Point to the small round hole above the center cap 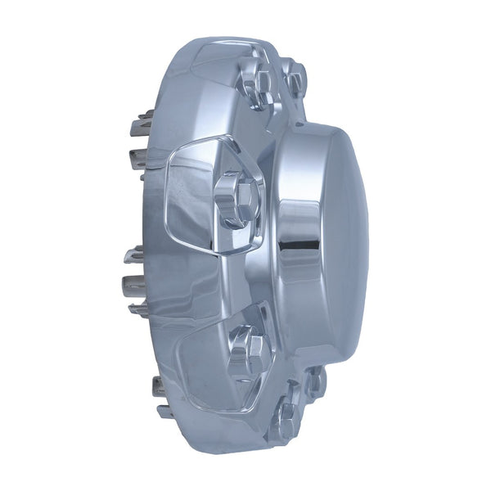[x=300, y=124]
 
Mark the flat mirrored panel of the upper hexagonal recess [x=192, y=196]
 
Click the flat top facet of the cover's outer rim [x=213, y=61]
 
